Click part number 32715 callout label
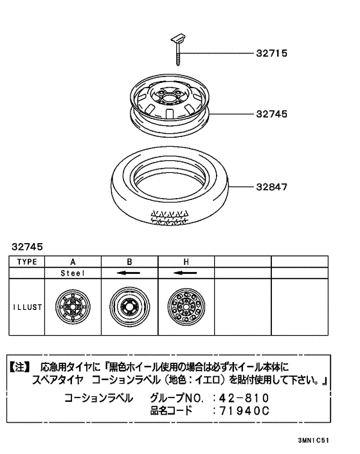pyautogui.click(x=271, y=53)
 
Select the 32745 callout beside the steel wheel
pyautogui.click(x=271, y=114)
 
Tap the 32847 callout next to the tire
pyautogui.click(x=271, y=187)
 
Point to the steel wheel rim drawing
pyautogui.click(x=170, y=105)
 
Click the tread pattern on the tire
pyautogui.click(x=170, y=217)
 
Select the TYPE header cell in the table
pyautogui.click(x=27, y=262)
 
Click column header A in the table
pyautogui.click(x=73, y=262)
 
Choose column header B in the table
pyautogui.click(x=129, y=262)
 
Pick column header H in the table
pyautogui.click(x=186, y=262)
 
